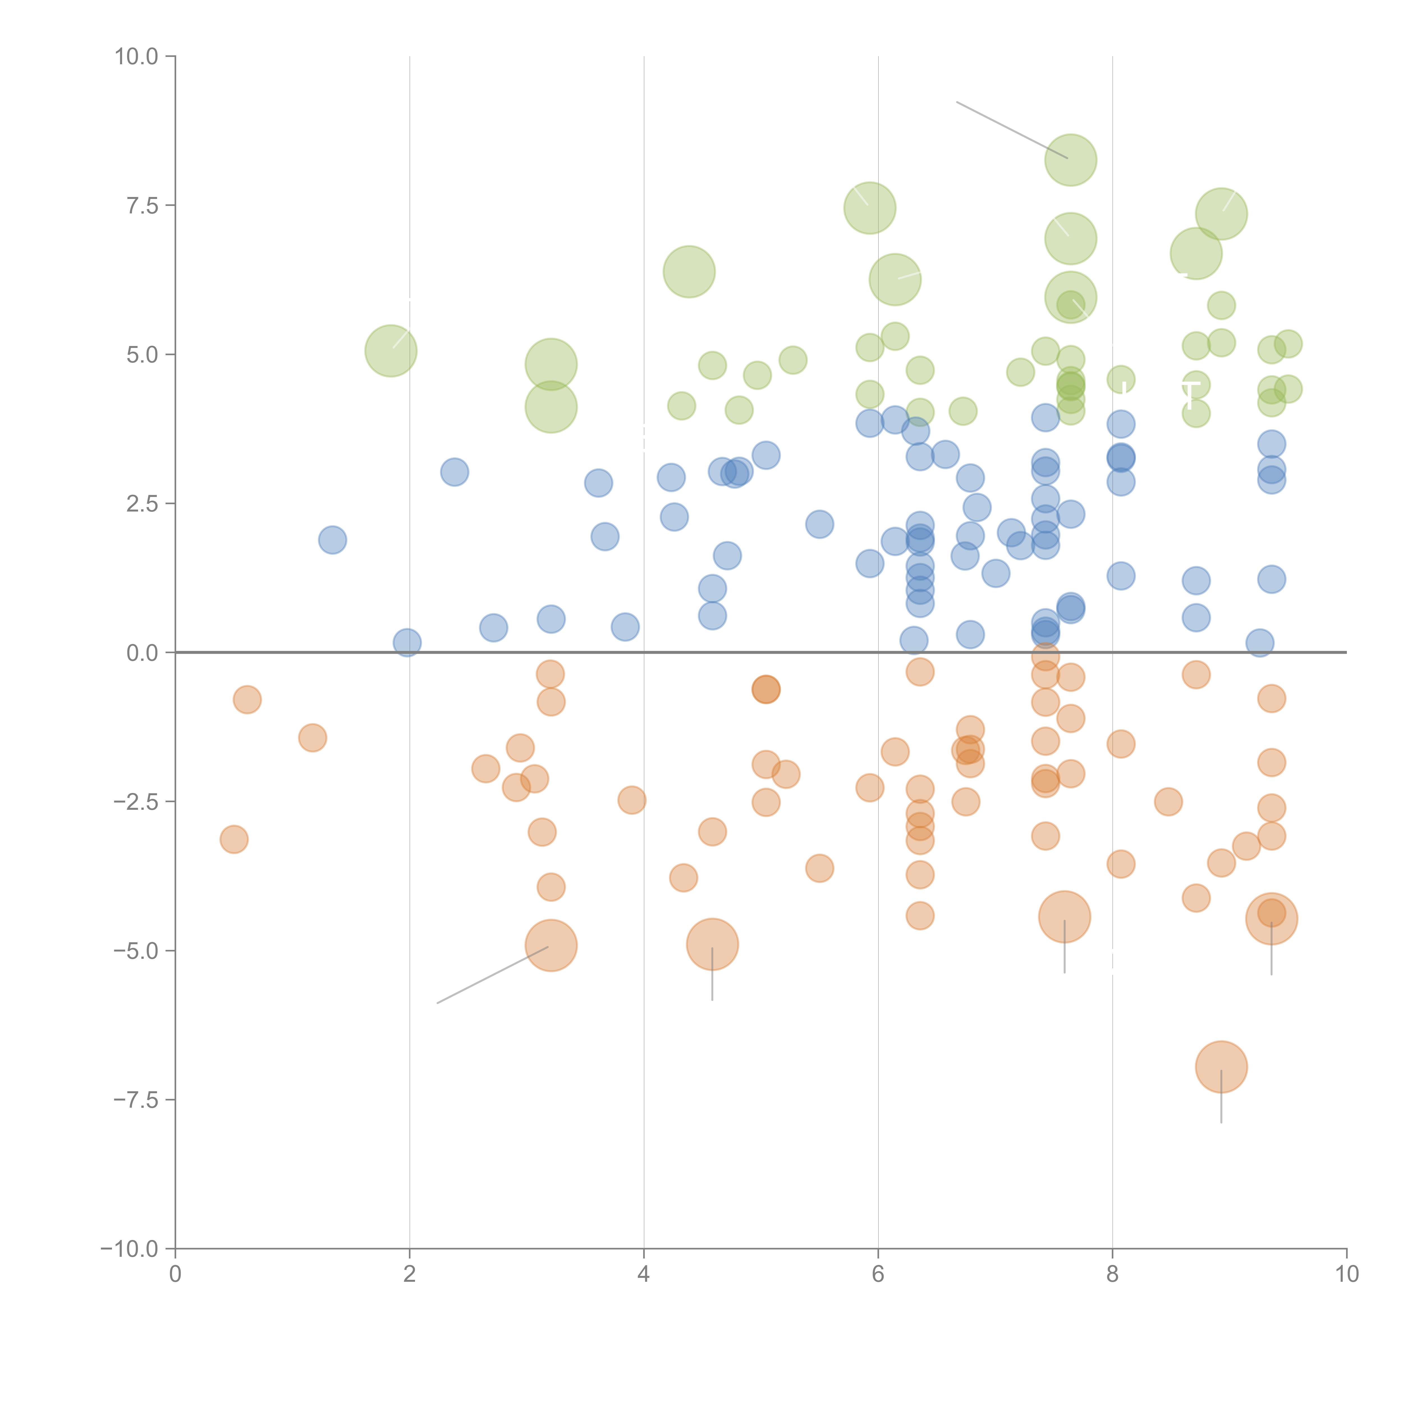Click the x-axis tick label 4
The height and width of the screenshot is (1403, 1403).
643,1274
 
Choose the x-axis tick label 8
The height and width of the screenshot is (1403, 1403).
1113,1274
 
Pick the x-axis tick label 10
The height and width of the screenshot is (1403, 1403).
1346,1274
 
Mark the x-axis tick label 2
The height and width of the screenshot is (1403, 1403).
410,1274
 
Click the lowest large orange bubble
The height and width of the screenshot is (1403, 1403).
1221,1067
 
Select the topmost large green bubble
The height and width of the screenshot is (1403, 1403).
1070,160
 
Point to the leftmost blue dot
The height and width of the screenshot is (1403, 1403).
333,540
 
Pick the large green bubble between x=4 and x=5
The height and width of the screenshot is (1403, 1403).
689,272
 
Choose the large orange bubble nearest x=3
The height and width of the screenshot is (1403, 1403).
551,946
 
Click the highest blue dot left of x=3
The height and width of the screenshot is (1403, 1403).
455,472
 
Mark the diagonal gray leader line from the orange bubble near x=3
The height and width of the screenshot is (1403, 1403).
494,975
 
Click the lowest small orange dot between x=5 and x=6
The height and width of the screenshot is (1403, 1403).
819,868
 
